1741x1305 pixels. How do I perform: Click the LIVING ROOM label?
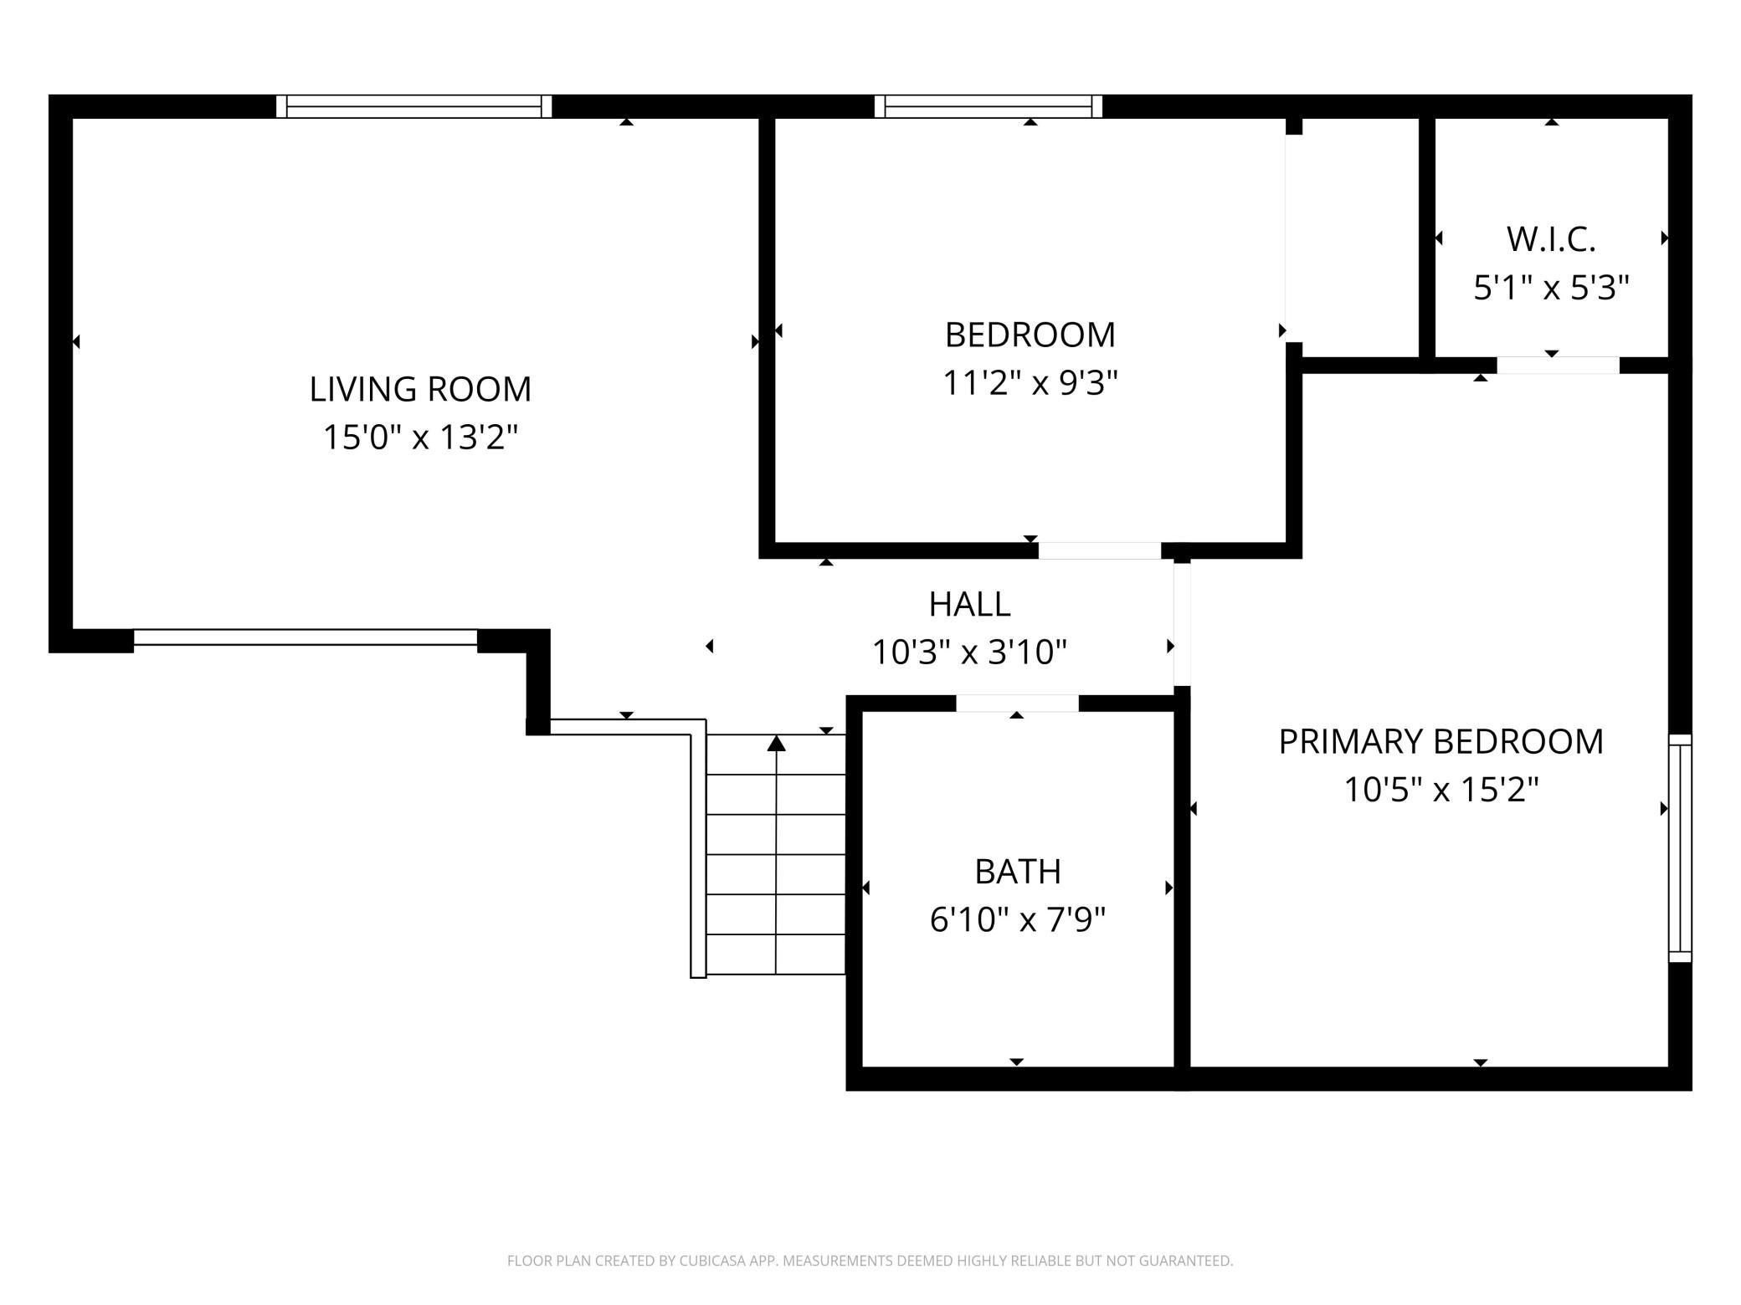pyautogui.click(x=420, y=389)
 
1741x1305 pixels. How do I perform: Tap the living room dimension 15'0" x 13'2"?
pyautogui.click(x=420, y=438)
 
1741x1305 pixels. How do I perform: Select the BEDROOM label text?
pyautogui.click(x=1030, y=335)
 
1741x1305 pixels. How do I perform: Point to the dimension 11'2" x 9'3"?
pyautogui.click(x=1030, y=384)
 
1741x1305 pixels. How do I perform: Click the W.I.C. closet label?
pyautogui.click(x=1551, y=239)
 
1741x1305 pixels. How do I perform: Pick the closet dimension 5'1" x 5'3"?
pyautogui.click(x=1551, y=288)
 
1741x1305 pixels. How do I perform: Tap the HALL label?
pyautogui.click(x=969, y=604)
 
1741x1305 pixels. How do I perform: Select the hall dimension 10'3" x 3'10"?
pyautogui.click(x=969, y=652)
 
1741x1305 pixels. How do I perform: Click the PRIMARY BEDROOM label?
pyautogui.click(x=1441, y=741)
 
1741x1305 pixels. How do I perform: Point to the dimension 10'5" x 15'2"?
pyautogui.click(x=1441, y=790)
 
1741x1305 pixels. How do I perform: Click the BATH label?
pyautogui.click(x=1018, y=872)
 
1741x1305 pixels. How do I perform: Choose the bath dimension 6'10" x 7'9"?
pyautogui.click(x=1018, y=920)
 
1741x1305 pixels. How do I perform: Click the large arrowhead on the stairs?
pyautogui.click(x=777, y=743)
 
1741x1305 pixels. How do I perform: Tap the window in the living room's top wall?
pyautogui.click(x=414, y=106)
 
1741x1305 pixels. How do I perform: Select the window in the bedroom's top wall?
pyautogui.click(x=989, y=106)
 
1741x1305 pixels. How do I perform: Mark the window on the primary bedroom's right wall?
pyautogui.click(x=1680, y=848)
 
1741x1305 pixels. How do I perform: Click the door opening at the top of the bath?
pyautogui.click(x=1017, y=704)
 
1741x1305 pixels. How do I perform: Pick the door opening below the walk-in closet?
pyautogui.click(x=1558, y=366)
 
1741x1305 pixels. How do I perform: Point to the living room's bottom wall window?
pyautogui.click(x=306, y=637)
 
